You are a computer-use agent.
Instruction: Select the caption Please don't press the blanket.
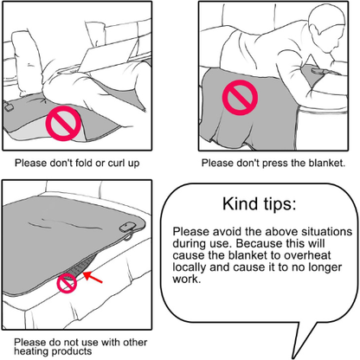(273, 162)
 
